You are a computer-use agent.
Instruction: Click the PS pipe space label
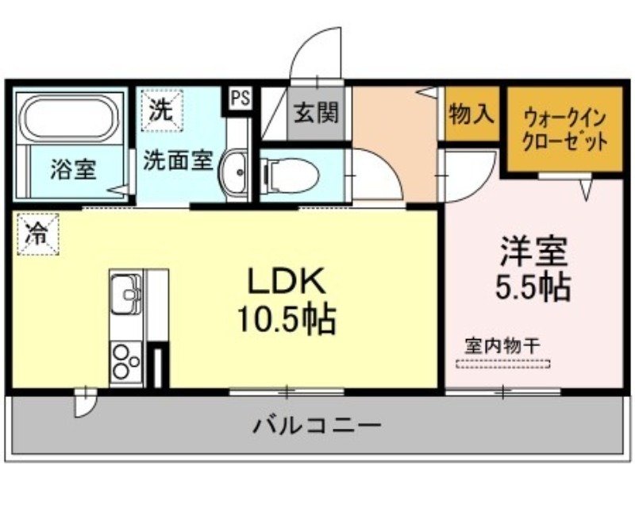[241, 98]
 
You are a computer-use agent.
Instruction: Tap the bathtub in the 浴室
[70, 118]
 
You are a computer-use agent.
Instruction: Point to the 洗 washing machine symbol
[162, 110]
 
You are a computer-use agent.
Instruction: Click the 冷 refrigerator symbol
[38, 234]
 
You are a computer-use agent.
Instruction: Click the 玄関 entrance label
[316, 113]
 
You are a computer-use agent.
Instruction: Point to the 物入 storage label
[471, 114]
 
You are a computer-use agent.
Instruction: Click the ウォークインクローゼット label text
[564, 130]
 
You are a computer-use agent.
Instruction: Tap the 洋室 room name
[533, 251]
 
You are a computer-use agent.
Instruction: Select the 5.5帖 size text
[533, 287]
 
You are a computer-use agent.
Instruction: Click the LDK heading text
[287, 281]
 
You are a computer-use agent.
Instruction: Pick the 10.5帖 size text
[287, 318]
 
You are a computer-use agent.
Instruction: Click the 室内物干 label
[502, 346]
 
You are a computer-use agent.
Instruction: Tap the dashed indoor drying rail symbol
[503, 364]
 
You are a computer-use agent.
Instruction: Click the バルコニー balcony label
[317, 426]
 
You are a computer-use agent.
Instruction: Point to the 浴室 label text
[73, 169]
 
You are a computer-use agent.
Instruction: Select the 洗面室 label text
[178, 160]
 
